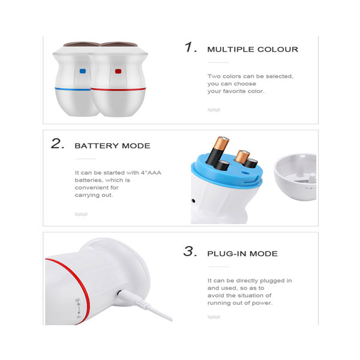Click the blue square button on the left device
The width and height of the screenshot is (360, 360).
click(x=83, y=71)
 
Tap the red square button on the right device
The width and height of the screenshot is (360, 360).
click(x=118, y=71)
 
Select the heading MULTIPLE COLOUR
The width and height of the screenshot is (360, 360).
click(x=253, y=49)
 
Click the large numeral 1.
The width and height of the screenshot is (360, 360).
click(x=191, y=47)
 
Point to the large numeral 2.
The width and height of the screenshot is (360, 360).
click(x=58, y=144)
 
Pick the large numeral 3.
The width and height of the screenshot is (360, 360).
click(x=190, y=251)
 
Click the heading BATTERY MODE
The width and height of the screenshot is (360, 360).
click(x=113, y=146)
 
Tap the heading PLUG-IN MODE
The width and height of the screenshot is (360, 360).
click(x=242, y=254)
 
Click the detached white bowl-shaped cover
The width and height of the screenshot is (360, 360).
click(x=295, y=176)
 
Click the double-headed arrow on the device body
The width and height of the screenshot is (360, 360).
click(x=79, y=308)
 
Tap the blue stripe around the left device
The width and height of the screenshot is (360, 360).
click(x=73, y=89)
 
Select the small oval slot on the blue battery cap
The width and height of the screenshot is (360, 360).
click(x=245, y=172)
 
